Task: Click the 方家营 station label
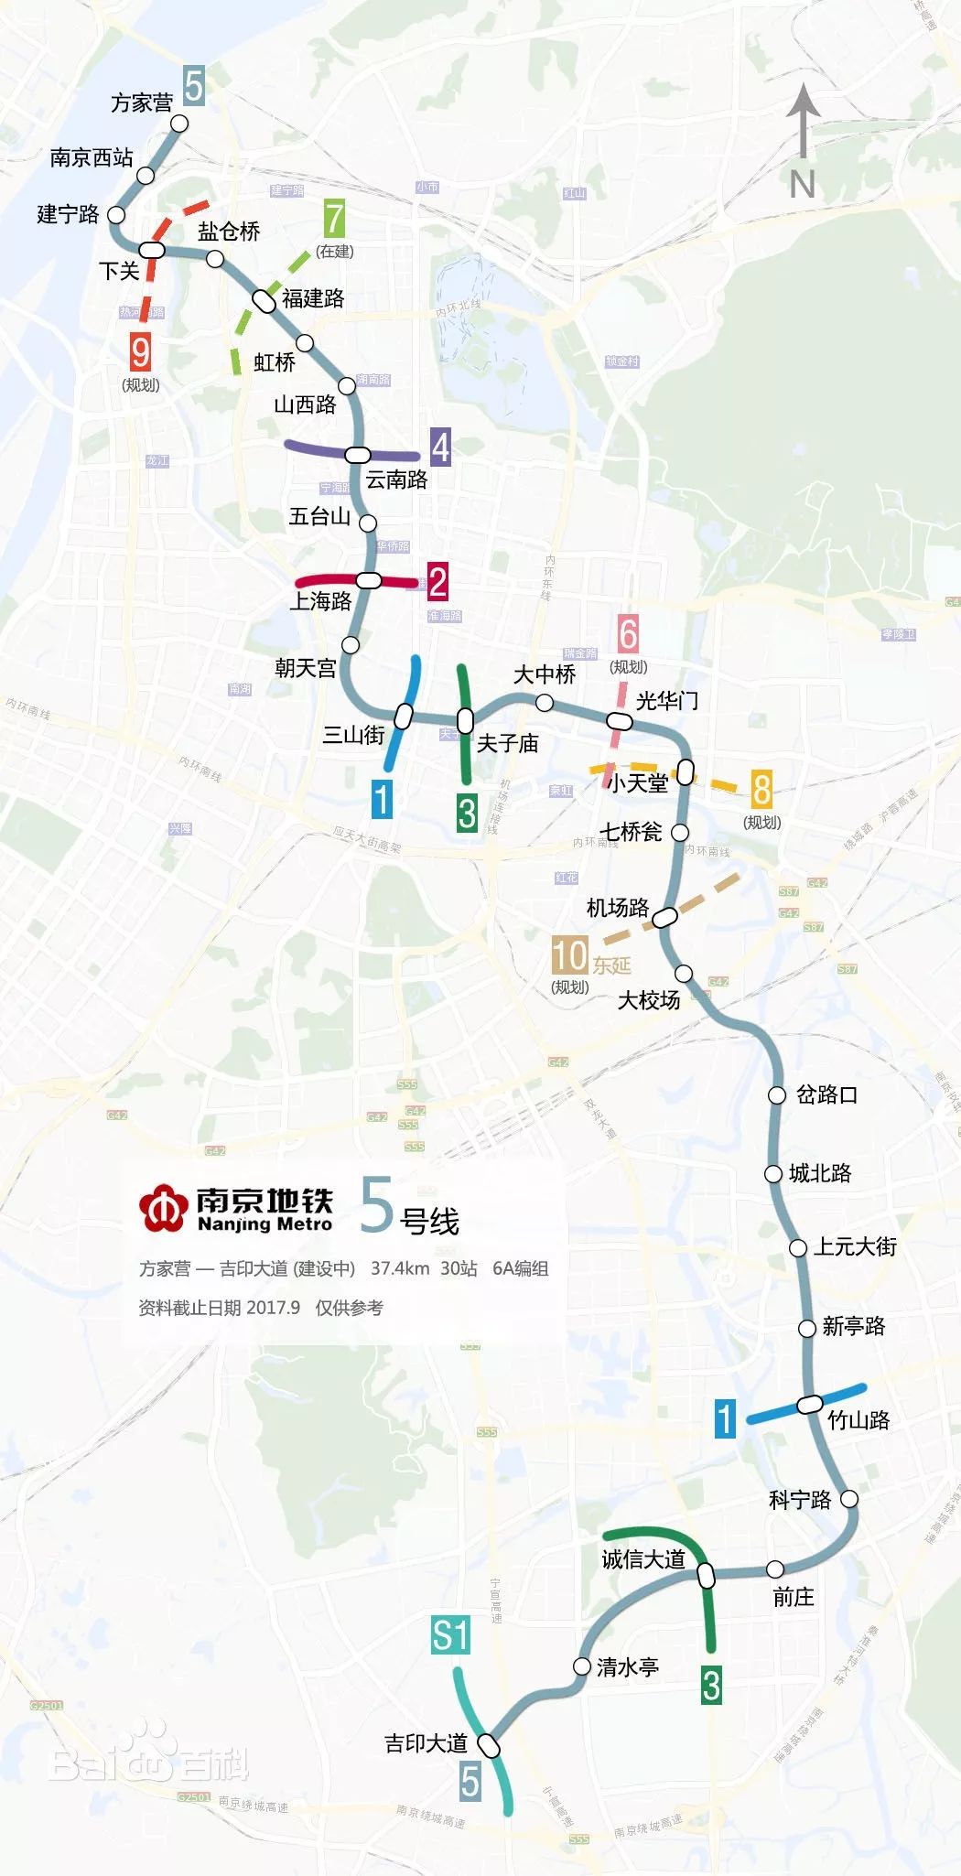click(x=142, y=102)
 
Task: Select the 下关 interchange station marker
click(x=152, y=249)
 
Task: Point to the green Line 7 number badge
click(x=335, y=219)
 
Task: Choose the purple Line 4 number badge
click(x=440, y=447)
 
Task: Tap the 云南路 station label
click(x=396, y=479)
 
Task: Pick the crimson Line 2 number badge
click(x=437, y=581)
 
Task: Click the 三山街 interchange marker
click(x=404, y=716)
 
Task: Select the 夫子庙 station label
click(x=507, y=743)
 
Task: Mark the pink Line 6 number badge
click(x=628, y=633)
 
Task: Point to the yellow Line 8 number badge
click(x=761, y=788)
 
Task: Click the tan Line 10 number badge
click(x=568, y=955)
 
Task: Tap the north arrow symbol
click(x=803, y=124)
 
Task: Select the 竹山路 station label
click(x=858, y=1419)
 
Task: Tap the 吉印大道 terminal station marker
click(x=491, y=1746)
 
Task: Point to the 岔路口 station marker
click(x=777, y=1094)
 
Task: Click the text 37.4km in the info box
click(x=400, y=1268)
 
